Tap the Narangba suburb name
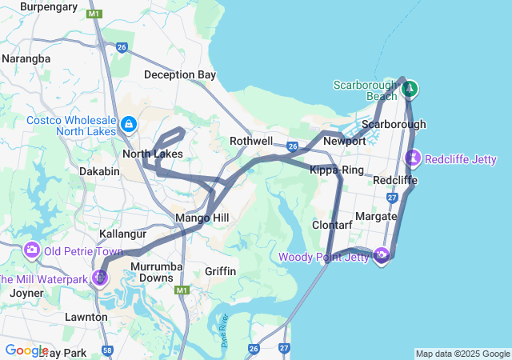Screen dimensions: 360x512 (x=26, y=58)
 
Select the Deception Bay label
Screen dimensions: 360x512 (x=180, y=74)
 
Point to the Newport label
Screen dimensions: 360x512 (x=344, y=141)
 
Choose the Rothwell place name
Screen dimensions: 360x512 (x=251, y=141)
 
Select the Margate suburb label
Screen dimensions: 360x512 (x=376, y=217)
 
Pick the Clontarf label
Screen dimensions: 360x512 (x=332, y=226)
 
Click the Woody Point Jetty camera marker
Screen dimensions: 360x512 (x=381, y=256)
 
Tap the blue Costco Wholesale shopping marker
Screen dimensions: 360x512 (x=129, y=124)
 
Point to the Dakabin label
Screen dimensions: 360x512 (x=99, y=171)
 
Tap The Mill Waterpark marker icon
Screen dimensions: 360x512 (x=100, y=278)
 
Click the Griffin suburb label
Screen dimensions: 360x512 (x=220, y=271)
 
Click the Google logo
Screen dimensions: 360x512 (x=26, y=350)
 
